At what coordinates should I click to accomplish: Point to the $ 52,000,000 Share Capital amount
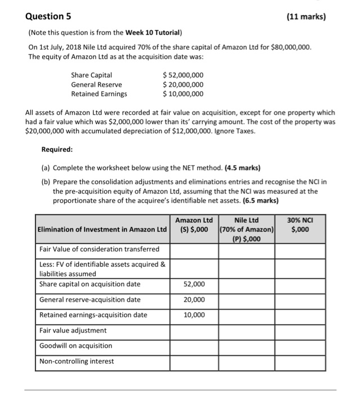[183, 75]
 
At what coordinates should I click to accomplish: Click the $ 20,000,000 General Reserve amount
[183, 84]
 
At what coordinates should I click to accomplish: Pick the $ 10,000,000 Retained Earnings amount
[183, 94]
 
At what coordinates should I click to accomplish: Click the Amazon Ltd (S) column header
[194, 225]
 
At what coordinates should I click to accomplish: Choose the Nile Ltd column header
[246, 229]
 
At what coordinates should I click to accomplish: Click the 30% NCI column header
[301, 225]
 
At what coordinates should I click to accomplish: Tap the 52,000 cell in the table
[194, 284]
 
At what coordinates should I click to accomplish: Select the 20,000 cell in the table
[194, 299]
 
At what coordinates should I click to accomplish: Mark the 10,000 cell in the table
[194, 315]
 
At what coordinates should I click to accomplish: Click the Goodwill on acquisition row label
[76, 346]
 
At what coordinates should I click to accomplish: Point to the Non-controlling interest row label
[77, 361]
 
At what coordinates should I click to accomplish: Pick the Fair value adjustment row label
[73, 330]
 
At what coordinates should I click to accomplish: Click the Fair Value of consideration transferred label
[100, 249]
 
